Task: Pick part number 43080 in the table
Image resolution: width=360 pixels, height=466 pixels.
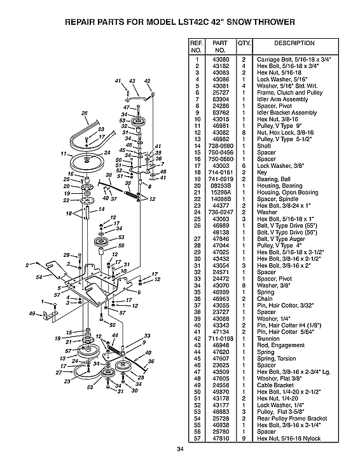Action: point(220,59)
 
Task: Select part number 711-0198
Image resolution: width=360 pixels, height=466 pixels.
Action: point(220,339)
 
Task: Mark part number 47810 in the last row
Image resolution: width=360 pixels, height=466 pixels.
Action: point(220,439)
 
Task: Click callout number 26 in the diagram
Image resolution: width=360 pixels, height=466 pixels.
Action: point(84,113)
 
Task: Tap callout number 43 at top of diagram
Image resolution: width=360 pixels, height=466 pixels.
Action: point(132,81)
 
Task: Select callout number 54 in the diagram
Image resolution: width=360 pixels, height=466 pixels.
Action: point(39,277)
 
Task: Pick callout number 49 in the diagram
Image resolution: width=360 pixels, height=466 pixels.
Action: point(31,313)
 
